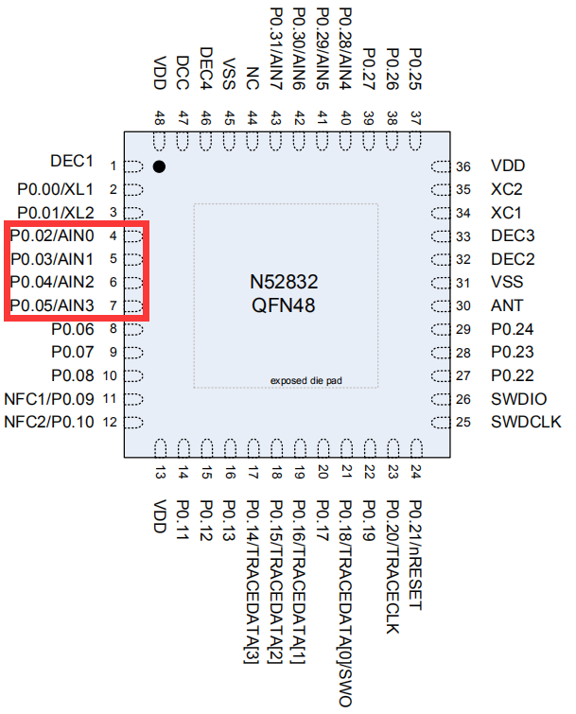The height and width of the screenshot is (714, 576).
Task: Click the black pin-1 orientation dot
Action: [x=159, y=166]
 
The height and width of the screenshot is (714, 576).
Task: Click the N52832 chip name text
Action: [x=284, y=283]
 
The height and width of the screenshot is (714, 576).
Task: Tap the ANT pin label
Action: [x=506, y=305]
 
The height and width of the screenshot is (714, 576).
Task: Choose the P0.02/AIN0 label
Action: [x=53, y=235]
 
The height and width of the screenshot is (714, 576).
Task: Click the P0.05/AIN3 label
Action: [x=53, y=305]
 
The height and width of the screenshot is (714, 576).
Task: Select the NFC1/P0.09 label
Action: [x=49, y=398]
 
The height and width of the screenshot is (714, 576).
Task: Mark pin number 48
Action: [x=160, y=117]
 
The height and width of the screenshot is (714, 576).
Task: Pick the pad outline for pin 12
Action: [x=132, y=422]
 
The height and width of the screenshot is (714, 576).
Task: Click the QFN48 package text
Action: [x=284, y=305]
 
